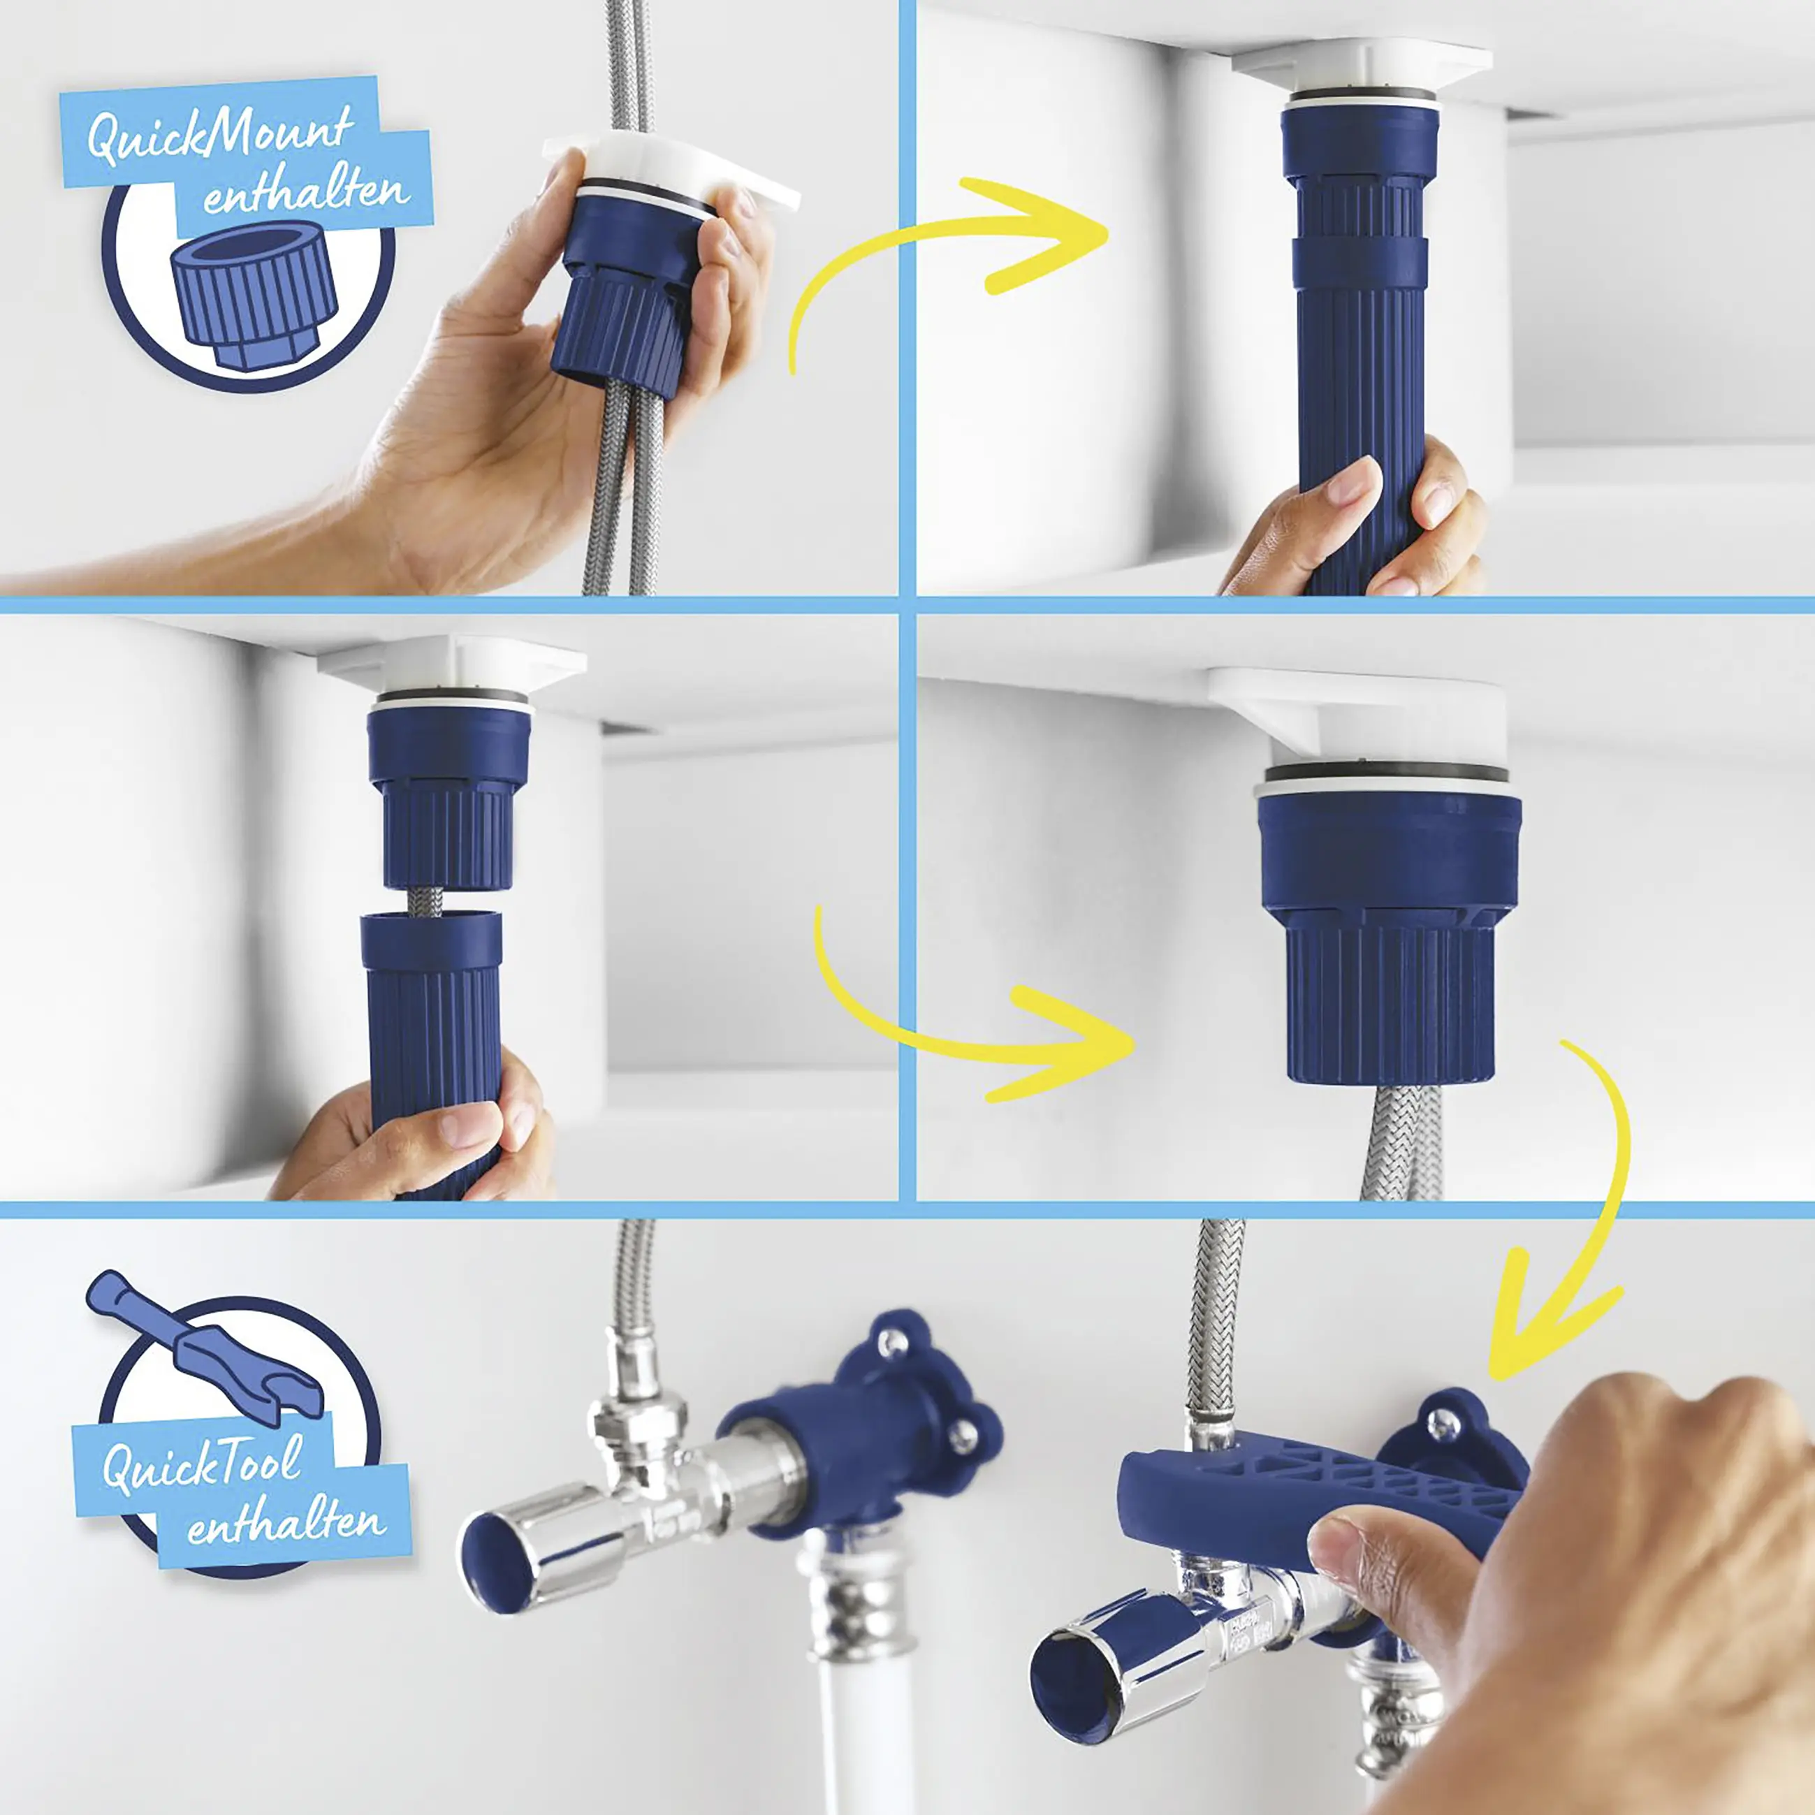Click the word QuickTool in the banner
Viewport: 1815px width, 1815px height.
coord(201,1463)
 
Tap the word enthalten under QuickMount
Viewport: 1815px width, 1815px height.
coord(306,193)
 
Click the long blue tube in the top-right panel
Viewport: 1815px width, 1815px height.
coord(1360,357)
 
